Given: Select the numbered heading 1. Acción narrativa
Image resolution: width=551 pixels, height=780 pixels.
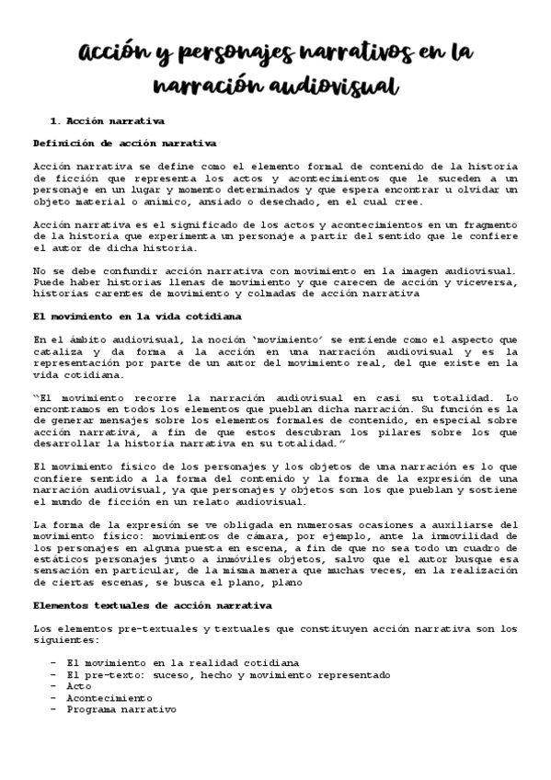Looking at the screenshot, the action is coord(107,120).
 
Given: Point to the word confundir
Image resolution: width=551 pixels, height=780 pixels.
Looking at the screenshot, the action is coord(112,270).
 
